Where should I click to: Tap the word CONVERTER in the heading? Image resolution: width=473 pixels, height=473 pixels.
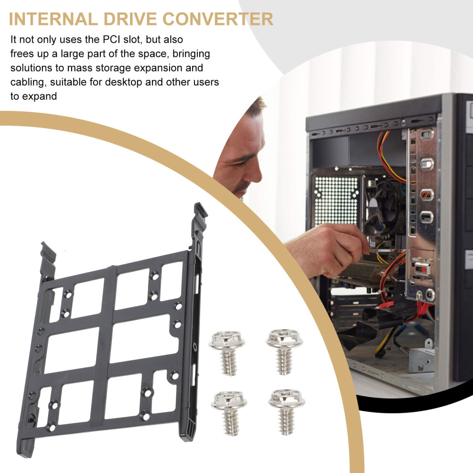(x=218, y=19)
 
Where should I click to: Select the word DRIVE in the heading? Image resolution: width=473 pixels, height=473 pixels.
(x=130, y=19)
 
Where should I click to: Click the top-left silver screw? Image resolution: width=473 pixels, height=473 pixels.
(x=227, y=353)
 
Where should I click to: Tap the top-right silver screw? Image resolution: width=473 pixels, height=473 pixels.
(x=284, y=352)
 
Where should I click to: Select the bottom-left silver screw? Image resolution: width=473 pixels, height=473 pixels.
(x=229, y=413)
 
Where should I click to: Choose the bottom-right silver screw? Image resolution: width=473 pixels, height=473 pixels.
(x=287, y=411)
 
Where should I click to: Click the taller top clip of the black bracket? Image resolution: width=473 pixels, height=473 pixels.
(x=199, y=220)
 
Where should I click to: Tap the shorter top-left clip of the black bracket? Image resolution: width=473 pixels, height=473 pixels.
(x=48, y=259)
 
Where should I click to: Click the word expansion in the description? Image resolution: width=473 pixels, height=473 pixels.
(x=158, y=68)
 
